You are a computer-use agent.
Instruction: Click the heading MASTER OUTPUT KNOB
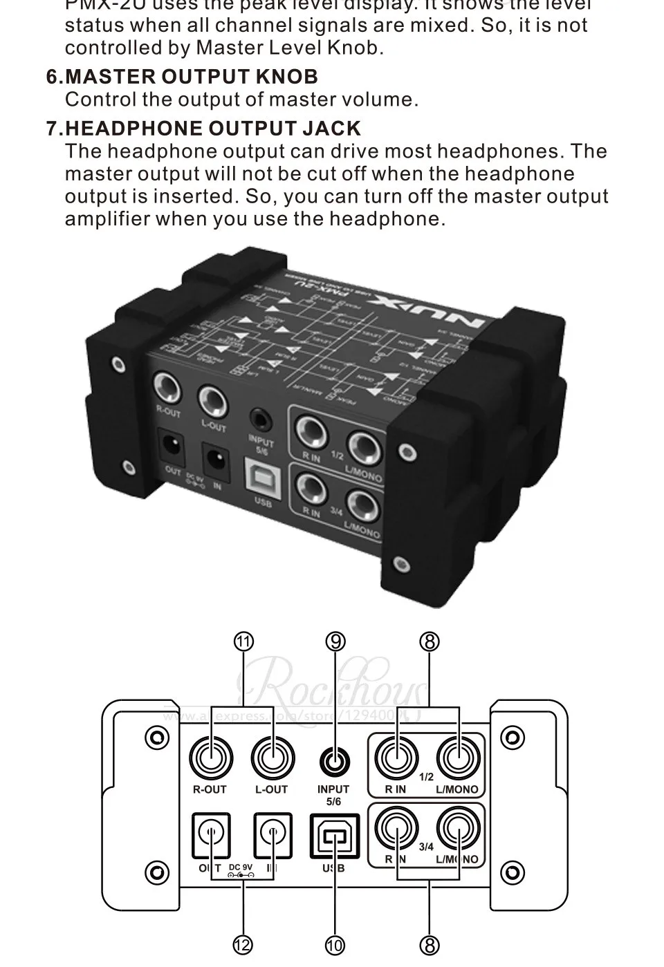tap(192, 76)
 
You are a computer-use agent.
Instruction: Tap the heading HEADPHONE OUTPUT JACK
tap(213, 128)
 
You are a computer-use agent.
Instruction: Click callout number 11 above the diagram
tap(243, 642)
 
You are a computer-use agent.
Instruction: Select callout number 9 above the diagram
tap(335, 642)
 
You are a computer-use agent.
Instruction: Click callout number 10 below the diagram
tap(335, 944)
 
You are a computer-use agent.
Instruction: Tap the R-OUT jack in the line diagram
tap(210, 758)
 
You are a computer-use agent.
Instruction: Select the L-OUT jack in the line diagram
tap(272, 758)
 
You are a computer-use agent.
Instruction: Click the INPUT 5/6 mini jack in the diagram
tap(334, 762)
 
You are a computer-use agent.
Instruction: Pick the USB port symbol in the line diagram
tap(334, 836)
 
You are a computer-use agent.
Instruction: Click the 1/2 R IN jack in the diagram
tap(396, 758)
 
